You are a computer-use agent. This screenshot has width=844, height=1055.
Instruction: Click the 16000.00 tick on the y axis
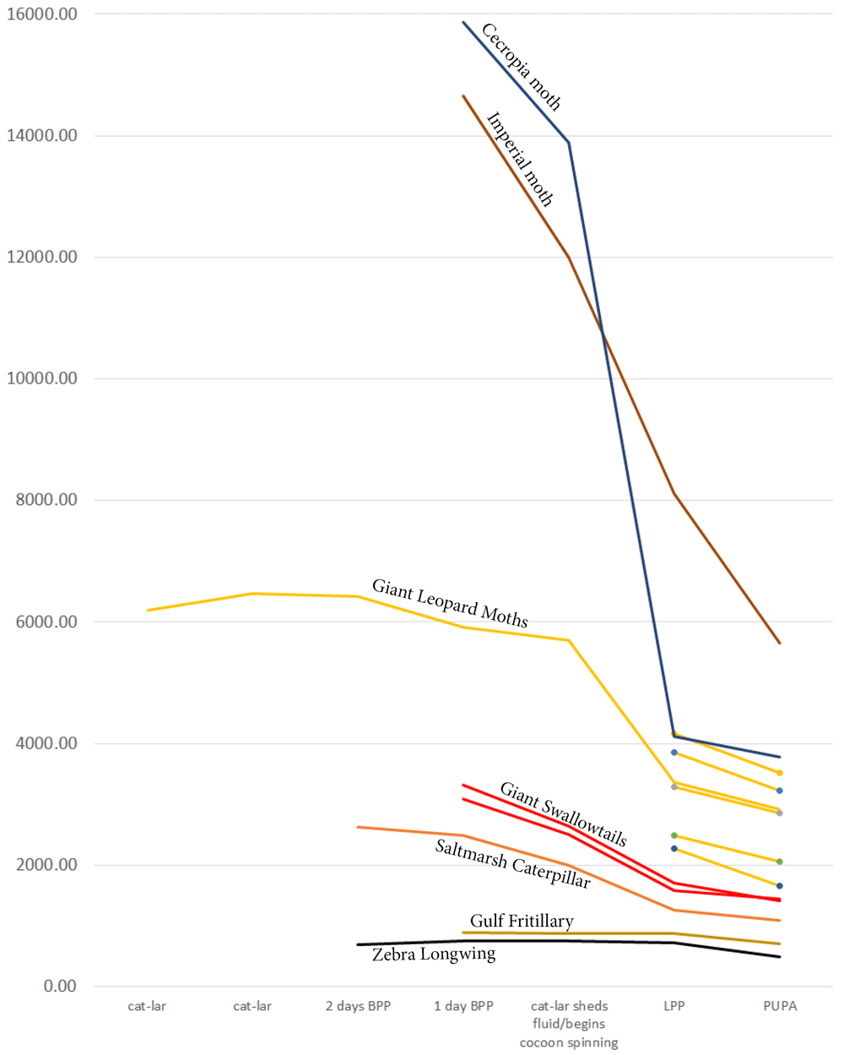tap(42, 14)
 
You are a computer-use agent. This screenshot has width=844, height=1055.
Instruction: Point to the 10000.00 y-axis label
tap(42, 378)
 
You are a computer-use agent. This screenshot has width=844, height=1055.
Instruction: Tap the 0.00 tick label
tap(60, 986)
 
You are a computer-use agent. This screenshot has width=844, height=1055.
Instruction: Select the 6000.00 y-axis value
tap(46, 622)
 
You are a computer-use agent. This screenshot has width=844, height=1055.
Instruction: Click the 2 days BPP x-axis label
tap(358, 1006)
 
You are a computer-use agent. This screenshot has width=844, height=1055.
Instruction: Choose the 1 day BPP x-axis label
tap(463, 1006)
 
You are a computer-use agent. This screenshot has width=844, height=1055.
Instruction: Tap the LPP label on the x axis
tap(674, 1006)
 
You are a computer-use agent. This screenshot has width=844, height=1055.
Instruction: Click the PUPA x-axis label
tap(780, 1006)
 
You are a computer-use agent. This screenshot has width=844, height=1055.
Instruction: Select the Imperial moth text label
tap(520, 160)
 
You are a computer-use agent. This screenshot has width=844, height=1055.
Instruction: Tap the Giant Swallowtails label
tap(563, 813)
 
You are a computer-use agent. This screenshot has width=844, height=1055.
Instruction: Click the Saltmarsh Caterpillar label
tap(512, 863)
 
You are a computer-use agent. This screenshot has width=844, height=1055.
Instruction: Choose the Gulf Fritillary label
tap(522, 921)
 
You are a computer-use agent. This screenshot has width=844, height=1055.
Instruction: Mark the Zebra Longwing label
tap(434, 954)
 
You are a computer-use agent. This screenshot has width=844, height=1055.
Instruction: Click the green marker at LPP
tap(674, 835)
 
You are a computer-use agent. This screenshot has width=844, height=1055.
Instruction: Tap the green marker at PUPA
tap(780, 862)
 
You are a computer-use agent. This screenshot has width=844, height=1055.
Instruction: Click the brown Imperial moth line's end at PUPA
tap(780, 643)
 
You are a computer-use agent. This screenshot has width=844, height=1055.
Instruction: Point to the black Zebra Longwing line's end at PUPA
tap(780, 957)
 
